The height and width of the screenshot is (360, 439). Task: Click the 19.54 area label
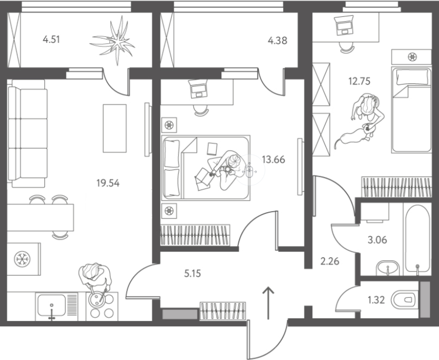pyautogui.click(x=108, y=184)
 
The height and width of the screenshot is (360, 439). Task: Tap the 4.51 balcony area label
pyautogui.click(x=51, y=40)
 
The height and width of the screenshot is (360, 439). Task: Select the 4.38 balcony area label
pyautogui.click(x=277, y=41)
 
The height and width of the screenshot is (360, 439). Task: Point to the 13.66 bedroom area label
pyautogui.click(x=273, y=160)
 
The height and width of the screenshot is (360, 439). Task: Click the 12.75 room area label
pyautogui.click(x=359, y=81)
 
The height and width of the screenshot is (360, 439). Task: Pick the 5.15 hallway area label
pyautogui.click(x=192, y=273)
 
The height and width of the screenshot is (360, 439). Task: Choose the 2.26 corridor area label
pyautogui.click(x=330, y=261)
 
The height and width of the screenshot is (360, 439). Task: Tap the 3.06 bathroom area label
pyautogui.click(x=377, y=240)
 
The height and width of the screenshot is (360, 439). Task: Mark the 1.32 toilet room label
pyautogui.click(x=376, y=300)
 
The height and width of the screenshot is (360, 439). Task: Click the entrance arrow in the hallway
pyautogui.click(x=268, y=303)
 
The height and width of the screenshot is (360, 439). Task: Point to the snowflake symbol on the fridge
pyautogui.click(x=22, y=259)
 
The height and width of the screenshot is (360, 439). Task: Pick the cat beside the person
pyautogui.click(x=354, y=136)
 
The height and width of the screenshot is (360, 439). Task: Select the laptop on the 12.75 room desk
pyautogui.click(x=344, y=25)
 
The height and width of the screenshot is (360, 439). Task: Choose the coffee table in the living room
pyautogui.click(x=115, y=128)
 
